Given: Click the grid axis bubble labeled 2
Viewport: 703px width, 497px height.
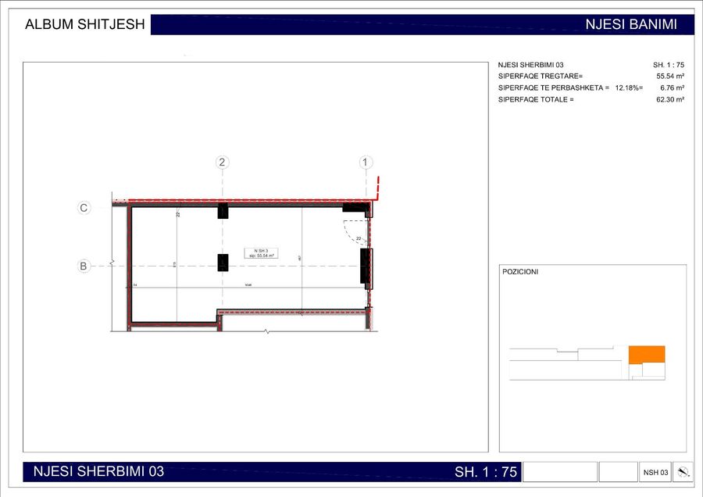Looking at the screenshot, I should [223, 163].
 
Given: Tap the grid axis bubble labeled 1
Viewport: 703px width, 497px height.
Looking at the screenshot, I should [366, 163].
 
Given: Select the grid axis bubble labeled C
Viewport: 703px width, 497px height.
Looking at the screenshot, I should [84, 208].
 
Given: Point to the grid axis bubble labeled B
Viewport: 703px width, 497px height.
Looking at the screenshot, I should [84, 266].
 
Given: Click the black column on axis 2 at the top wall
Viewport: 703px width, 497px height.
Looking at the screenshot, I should [223, 211].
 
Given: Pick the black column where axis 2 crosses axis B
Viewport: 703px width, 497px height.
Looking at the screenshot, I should [223, 263].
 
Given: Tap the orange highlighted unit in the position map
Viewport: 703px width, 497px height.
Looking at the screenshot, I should [647, 354].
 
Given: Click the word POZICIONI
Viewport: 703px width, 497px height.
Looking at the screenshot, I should [520, 272].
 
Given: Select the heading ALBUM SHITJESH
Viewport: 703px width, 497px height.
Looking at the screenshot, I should [85, 24].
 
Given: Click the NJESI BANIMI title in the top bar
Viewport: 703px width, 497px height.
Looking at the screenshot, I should [630, 24].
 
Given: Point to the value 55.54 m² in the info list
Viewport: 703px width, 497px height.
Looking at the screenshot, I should [670, 77].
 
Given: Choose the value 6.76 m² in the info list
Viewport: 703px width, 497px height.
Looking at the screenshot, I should [672, 88].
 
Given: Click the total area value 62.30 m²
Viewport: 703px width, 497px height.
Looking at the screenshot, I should [670, 100].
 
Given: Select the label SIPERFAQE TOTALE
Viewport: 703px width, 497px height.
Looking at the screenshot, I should [536, 100].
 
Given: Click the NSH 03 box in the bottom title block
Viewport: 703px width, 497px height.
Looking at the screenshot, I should [655, 472].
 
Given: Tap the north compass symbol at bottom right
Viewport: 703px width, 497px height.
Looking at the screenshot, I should [683, 472].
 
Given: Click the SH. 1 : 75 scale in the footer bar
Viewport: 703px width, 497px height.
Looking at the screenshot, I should [486, 472].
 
